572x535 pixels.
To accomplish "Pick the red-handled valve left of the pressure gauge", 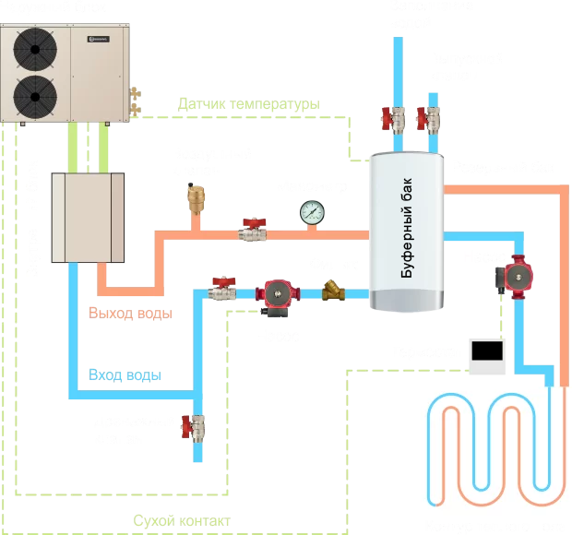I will pyautogui.click(x=250, y=228).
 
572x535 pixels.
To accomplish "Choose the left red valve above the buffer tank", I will pyautogui.click(x=390, y=119).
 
